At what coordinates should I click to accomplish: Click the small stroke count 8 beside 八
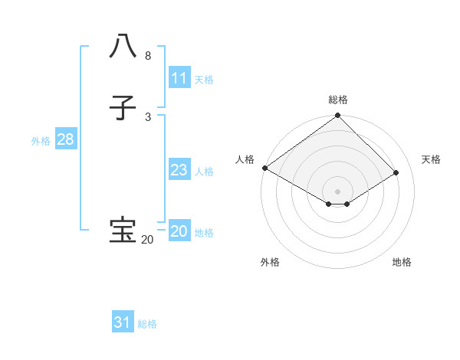click(147, 56)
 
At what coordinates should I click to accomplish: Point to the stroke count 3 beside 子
click(147, 116)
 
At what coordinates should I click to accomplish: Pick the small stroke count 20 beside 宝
click(147, 240)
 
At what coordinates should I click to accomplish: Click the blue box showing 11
click(179, 78)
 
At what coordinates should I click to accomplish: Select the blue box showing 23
click(179, 170)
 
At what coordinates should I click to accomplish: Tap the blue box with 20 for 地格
click(179, 231)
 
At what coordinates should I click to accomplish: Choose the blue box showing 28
click(65, 139)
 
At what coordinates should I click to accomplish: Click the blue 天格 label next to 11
click(204, 80)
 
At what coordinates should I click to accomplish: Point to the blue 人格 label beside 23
click(204, 172)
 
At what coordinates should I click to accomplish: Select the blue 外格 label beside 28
click(41, 141)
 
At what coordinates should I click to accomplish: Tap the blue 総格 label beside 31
click(147, 324)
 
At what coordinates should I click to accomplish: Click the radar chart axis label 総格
click(338, 100)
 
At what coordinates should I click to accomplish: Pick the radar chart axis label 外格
click(270, 262)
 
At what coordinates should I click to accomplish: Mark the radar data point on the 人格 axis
click(265, 168)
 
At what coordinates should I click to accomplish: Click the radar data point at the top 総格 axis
click(338, 116)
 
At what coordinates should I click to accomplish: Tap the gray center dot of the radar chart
click(338, 191)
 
